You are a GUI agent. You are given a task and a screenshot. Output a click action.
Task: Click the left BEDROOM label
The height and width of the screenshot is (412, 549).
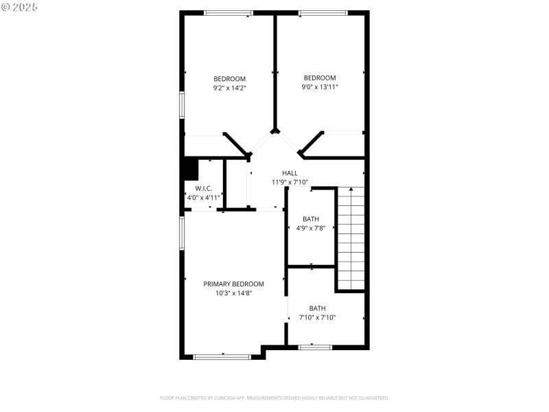tap(229, 78)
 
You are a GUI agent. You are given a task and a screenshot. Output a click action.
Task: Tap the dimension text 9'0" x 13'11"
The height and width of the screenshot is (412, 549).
tap(320, 87)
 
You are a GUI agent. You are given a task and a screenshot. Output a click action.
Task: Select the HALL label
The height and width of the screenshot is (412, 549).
tap(290, 173)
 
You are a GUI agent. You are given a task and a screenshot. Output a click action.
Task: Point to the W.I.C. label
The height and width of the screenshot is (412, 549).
tap(203, 188)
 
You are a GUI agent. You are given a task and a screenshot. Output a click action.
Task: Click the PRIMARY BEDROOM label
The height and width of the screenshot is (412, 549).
tap(233, 284)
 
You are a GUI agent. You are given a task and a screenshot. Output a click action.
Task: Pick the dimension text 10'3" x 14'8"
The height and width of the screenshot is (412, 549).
tap(233, 293)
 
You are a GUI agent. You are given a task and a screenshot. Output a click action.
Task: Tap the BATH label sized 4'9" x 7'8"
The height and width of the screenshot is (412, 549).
tap(311, 219)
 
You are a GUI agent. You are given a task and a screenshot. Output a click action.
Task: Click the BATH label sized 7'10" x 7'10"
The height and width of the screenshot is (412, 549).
tap(317, 308)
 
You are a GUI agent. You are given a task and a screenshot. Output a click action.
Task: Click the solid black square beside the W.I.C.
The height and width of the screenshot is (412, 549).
tap(190, 168)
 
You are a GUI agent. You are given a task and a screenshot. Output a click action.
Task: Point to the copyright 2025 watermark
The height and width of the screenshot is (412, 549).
tap(20, 7)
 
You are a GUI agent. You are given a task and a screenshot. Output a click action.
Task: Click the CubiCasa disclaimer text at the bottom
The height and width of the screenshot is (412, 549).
tap(274, 398)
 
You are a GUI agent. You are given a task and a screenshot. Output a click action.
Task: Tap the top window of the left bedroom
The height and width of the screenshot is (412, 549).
tap(229, 12)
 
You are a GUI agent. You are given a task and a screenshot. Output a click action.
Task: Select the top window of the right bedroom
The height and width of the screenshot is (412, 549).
tap(323, 12)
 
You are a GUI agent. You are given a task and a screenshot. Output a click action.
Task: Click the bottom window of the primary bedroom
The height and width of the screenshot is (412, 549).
tap(222, 356)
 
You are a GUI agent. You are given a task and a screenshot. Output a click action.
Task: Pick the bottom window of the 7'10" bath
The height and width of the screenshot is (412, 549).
tap(316, 347)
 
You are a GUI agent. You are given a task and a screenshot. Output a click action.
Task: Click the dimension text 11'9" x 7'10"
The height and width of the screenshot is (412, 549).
tap(290, 182)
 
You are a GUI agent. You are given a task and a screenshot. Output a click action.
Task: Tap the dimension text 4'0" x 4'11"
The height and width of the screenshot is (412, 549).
tap(203, 197)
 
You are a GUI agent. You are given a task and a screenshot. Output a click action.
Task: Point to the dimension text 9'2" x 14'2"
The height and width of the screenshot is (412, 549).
tap(229, 87)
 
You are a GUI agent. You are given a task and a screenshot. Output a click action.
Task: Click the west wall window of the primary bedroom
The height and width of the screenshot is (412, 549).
tap(182, 233)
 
